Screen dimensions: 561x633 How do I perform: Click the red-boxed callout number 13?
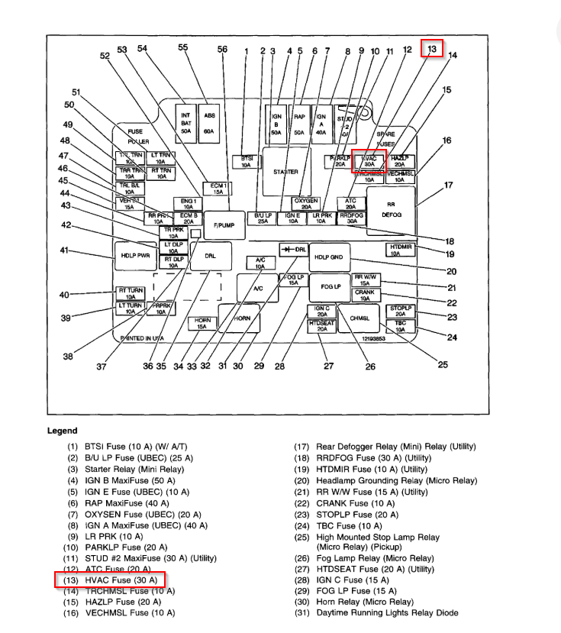[x=433, y=49]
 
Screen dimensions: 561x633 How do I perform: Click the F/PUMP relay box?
[x=224, y=224]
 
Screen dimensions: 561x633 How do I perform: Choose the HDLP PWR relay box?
[x=134, y=255]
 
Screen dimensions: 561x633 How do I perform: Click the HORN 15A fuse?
[x=202, y=324]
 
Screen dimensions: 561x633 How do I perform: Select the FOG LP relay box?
[x=330, y=286]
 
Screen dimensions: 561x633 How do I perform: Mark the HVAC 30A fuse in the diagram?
[x=368, y=160]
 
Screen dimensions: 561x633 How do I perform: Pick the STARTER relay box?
[x=285, y=172]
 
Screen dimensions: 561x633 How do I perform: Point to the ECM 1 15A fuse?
[x=218, y=189]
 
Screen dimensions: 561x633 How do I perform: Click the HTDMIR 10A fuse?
[x=401, y=250]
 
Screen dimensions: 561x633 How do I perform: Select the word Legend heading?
[x=63, y=431]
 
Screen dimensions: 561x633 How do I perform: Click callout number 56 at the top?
[x=222, y=49]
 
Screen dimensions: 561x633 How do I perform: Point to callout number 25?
[x=443, y=364]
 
